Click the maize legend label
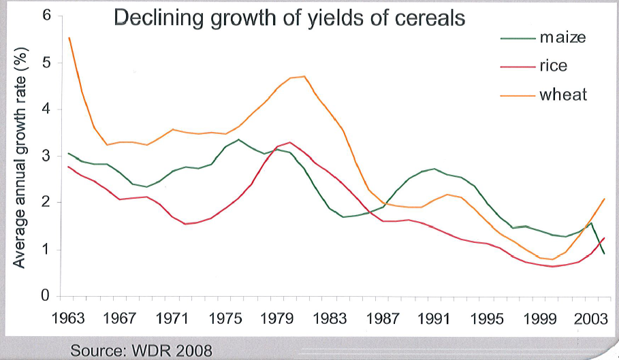point(562,38)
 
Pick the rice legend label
point(553,66)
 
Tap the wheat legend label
point(563,95)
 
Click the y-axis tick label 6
point(46,15)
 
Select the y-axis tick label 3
point(46,156)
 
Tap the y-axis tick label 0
point(46,296)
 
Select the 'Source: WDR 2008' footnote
point(142,350)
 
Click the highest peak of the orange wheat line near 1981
point(304,76)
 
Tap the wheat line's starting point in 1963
point(69,38)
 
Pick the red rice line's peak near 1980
point(290,142)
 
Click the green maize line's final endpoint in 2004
point(604,254)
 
